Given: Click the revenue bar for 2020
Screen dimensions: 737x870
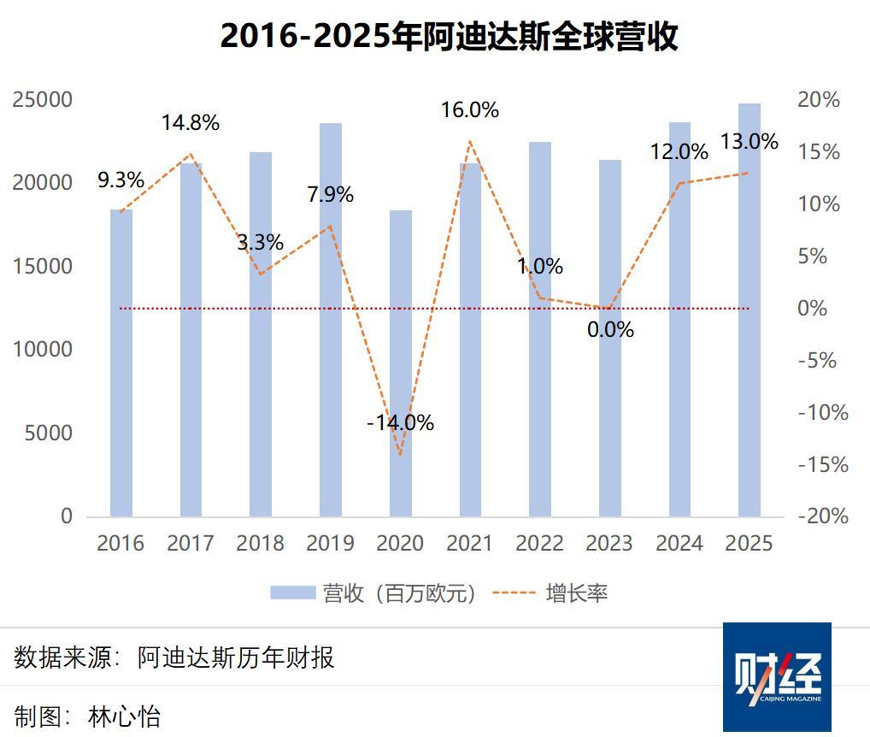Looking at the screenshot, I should (401, 363).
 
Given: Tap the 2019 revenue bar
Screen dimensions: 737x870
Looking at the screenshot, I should (331, 320).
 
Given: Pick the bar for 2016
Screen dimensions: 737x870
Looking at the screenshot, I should (121, 363).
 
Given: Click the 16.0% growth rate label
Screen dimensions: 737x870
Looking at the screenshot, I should (469, 110).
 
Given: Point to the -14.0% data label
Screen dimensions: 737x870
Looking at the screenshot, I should (400, 422).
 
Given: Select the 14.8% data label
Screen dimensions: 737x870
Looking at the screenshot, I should (191, 123).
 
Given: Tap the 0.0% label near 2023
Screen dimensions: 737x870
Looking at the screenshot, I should (610, 329).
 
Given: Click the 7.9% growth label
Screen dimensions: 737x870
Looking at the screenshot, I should (330, 195).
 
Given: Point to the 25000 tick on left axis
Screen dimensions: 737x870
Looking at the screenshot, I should (43, 100).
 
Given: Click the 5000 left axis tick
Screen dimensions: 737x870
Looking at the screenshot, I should (50, 433).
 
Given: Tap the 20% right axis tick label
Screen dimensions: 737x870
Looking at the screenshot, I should (819, 100).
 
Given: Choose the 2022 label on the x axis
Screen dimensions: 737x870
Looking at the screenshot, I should (540, 544).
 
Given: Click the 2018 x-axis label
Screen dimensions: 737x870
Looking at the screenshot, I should (261, 544).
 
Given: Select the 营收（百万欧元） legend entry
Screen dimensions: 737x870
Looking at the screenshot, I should (373, 593).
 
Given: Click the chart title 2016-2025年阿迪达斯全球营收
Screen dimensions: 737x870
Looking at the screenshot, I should (449, 37).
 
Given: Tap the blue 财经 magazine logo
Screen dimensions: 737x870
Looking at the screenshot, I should (777, 676).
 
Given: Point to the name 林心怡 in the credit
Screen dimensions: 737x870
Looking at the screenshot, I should (124, 716).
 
